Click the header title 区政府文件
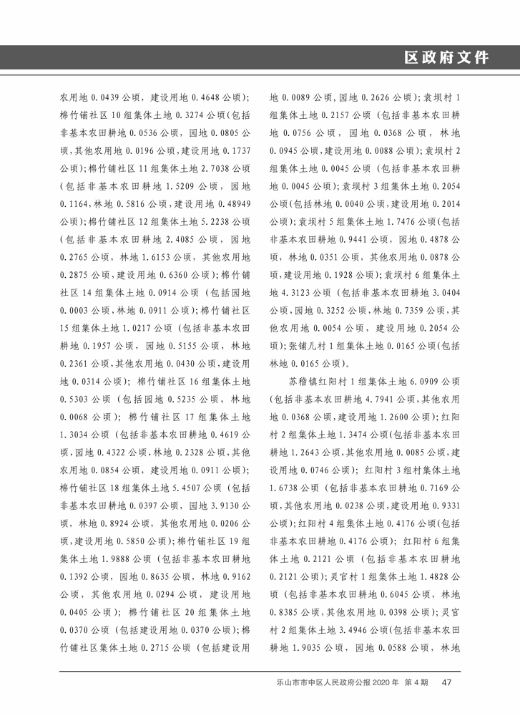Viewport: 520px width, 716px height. point(446,58)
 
